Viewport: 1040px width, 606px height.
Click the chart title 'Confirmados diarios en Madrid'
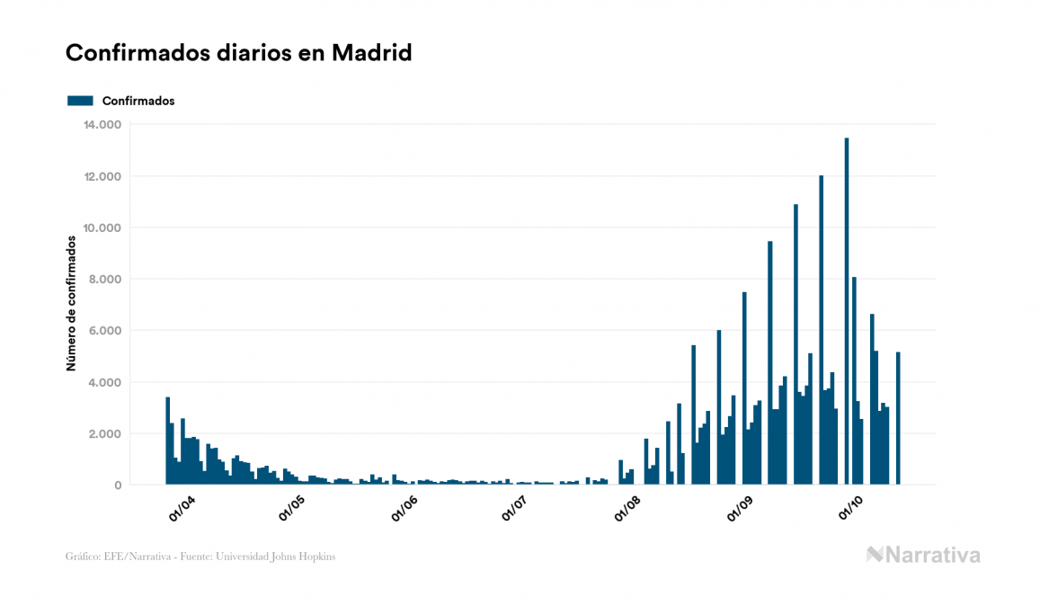pyautogui.click(x=239, y=53)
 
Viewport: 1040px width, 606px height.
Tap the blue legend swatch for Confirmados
pyautogui.click(x=80, y=101)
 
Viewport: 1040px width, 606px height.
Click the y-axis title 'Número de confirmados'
pyautogui.click(x=71, y=303)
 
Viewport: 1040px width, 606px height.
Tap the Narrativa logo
pyautogui.click(x=923, y=555)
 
